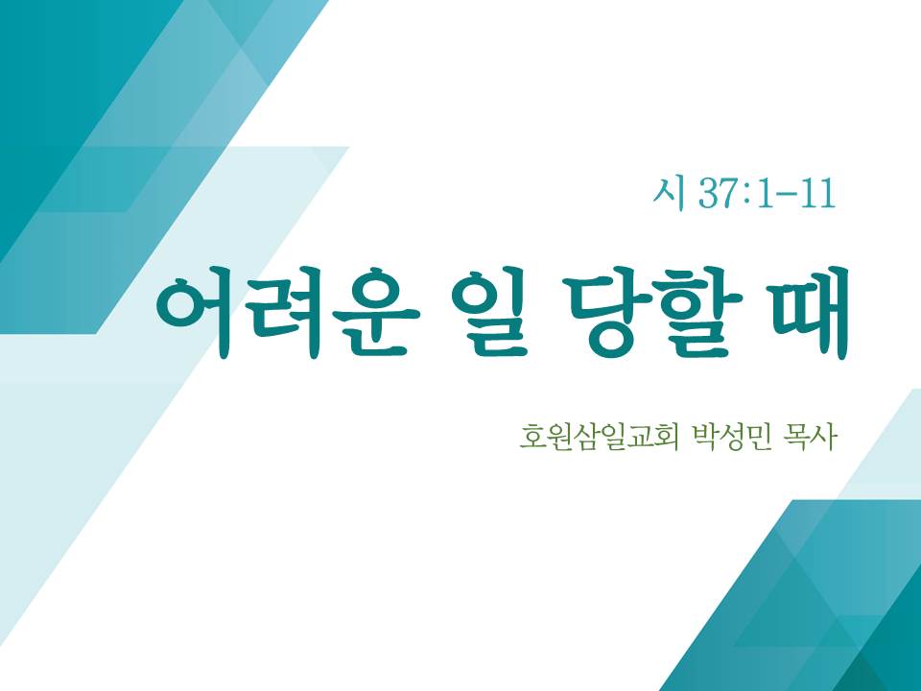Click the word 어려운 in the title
[287, 312]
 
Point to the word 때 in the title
[812, 312]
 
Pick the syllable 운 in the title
[376, 312]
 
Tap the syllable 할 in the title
[700, 312]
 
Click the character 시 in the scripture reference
[669, 193]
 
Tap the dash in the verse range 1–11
[789, 195]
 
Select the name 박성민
[732, 438]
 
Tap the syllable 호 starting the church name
[532, 438]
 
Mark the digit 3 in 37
[708, 193]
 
